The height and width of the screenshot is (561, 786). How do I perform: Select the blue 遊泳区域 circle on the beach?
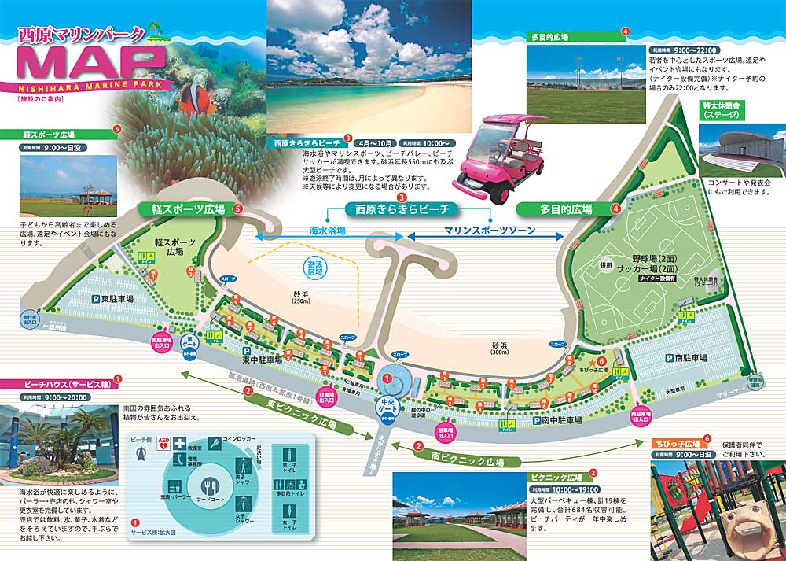tap(315, 269)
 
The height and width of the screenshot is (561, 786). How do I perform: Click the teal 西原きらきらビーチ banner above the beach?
tap(402, 209)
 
